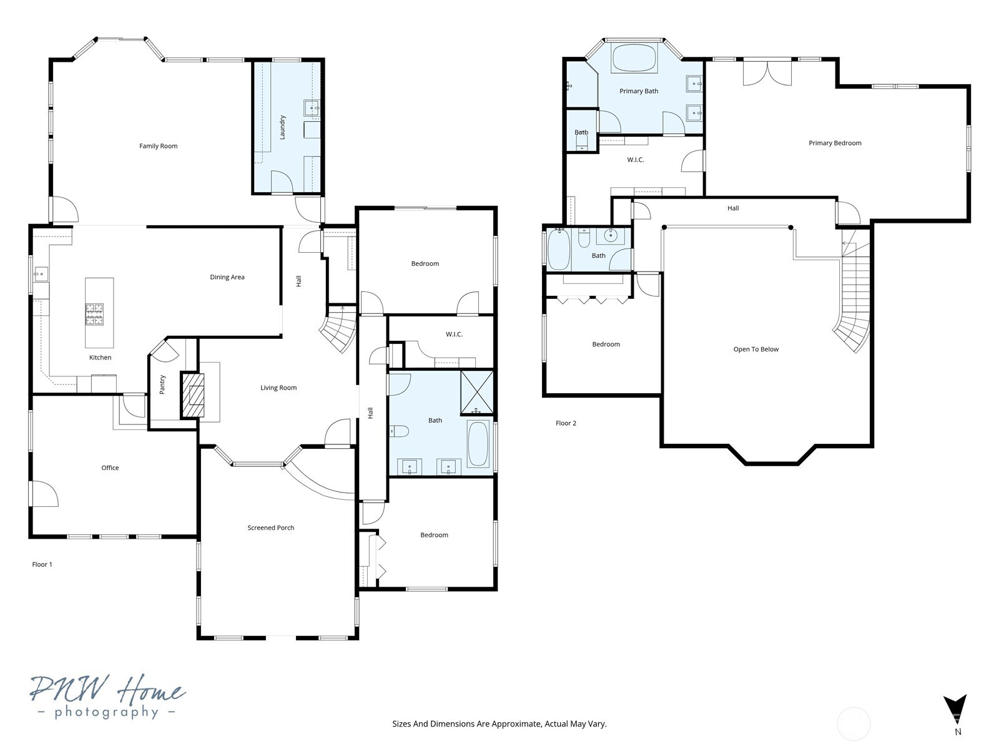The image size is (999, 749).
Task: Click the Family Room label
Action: pyautogui.click(x=158, y=146)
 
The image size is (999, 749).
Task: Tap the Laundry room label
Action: pyautogui.click(x=282, y=127)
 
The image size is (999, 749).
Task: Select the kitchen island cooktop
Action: pyautogui.click(x=94, y=315)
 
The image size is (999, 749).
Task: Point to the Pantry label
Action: pyautogui.click(x=162, y=384)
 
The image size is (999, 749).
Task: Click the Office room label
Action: pyautogui.click(x=110, y=468)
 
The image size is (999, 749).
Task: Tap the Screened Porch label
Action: pyautogui.click(x=270, y=527)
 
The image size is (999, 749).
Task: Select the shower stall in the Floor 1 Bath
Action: pyautogui.click(x=477, y=393)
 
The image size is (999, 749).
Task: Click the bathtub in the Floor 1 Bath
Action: pyautogui.click(x=478, y=444)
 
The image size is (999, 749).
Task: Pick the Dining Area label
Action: pyautogui.click(x=227, y=277)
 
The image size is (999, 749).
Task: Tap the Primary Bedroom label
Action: pyautogui.click(x=835, y=143)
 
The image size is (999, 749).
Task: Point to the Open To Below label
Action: pyautogui.click(x=755, y=350)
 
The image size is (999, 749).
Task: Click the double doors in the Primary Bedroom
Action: pyautogui.click(x=767, y=72)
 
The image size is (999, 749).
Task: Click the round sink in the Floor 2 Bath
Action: pyautogui.click(x=609, y=236)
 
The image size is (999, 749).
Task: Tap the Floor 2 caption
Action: pyautogui.click(x=566, y=423)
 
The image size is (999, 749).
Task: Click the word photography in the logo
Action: pyautogui.click(x=107, y=712)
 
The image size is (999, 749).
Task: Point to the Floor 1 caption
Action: pyautogui.click(x=42, y=564)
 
